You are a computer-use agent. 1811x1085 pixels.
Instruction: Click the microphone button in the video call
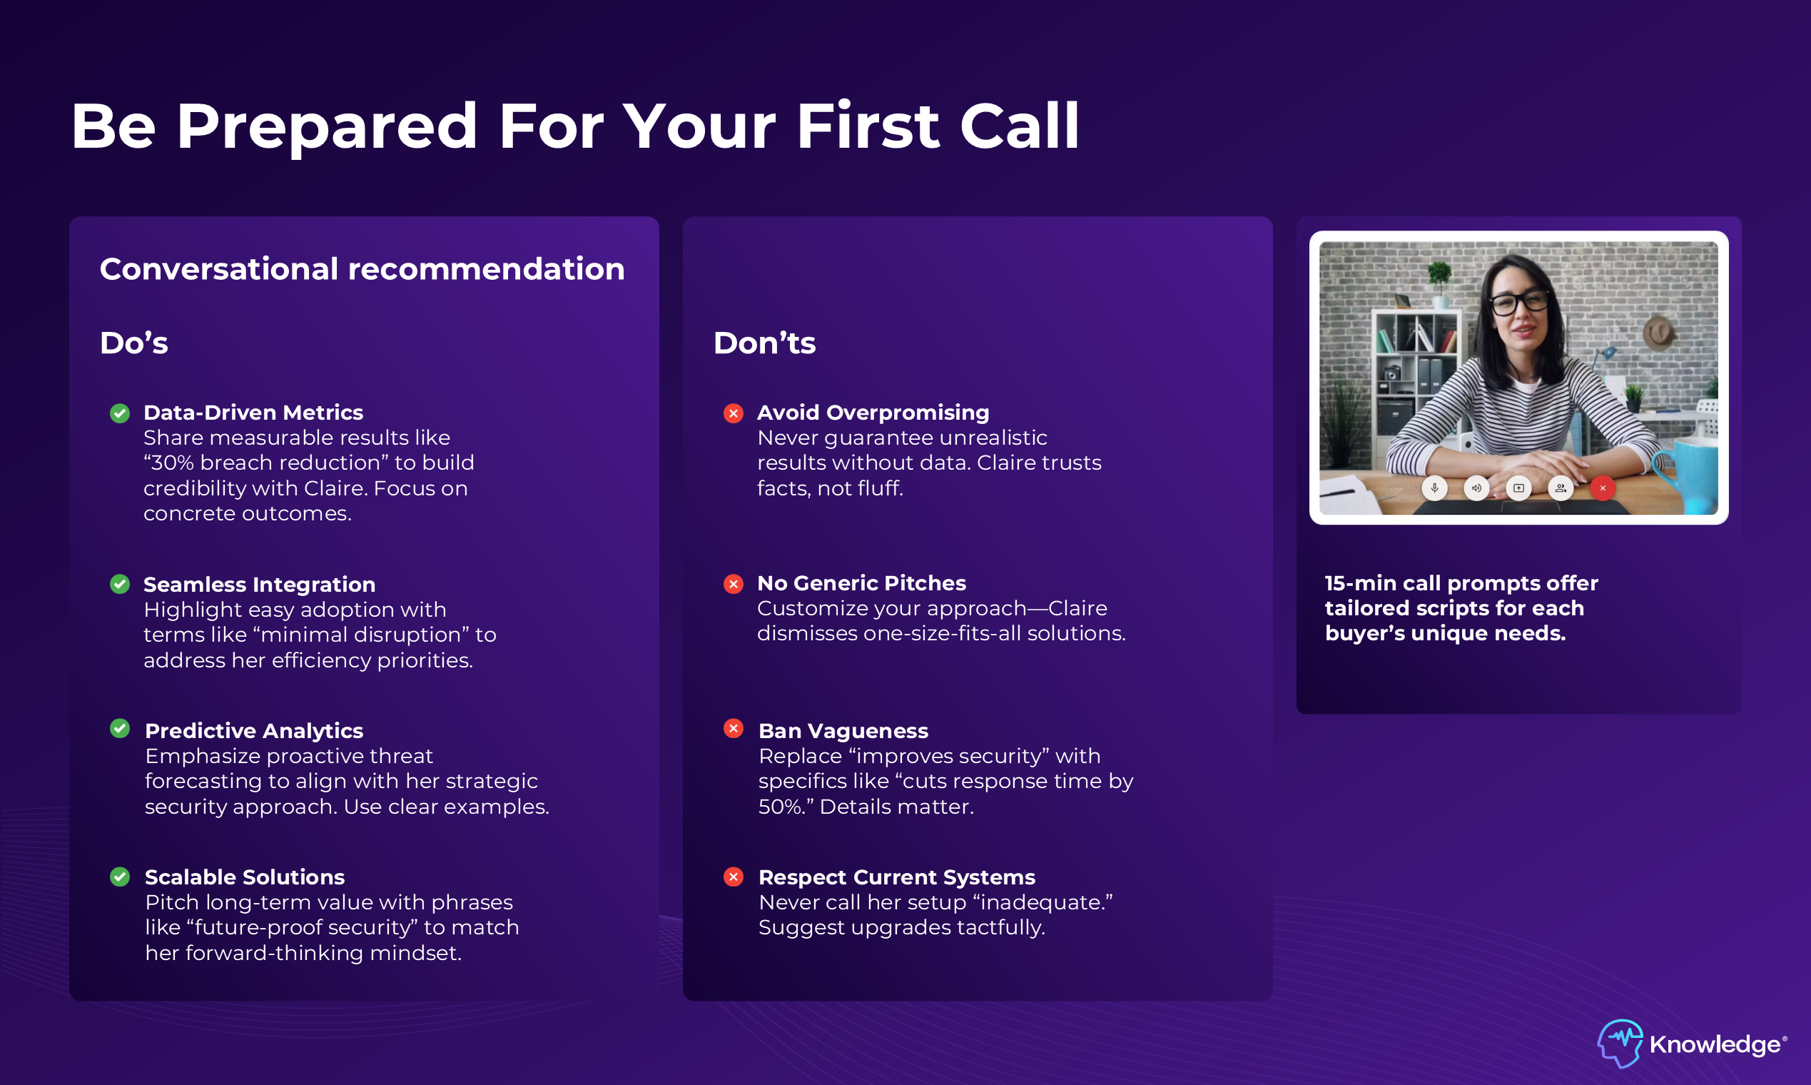[1435, 488]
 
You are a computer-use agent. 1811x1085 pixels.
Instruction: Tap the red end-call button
[1603, 488]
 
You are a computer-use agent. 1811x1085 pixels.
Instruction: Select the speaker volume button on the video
[1476, 488]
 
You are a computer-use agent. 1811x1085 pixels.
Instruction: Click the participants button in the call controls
[1561, 488]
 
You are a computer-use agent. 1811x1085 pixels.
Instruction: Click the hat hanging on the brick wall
[1659, 333]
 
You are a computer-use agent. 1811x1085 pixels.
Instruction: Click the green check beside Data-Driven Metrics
[120, 413]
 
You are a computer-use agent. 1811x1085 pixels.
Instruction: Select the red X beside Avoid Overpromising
[733, 413]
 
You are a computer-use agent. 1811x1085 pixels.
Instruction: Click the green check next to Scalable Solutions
[120, 877]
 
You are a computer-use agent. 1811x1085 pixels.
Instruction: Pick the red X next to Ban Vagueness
[733, 728]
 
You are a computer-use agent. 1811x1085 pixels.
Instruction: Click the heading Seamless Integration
[260, 584]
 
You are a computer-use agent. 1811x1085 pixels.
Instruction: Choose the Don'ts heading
[764, 343]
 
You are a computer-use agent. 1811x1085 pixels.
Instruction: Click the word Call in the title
[1020, 126]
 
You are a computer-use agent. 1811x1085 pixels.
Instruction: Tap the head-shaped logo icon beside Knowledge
[1620, 1044]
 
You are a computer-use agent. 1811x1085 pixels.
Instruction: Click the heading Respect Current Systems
[897, 877]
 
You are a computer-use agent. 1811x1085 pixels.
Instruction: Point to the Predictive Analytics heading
[253, 730]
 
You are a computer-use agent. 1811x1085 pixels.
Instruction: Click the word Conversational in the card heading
[219, 269]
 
